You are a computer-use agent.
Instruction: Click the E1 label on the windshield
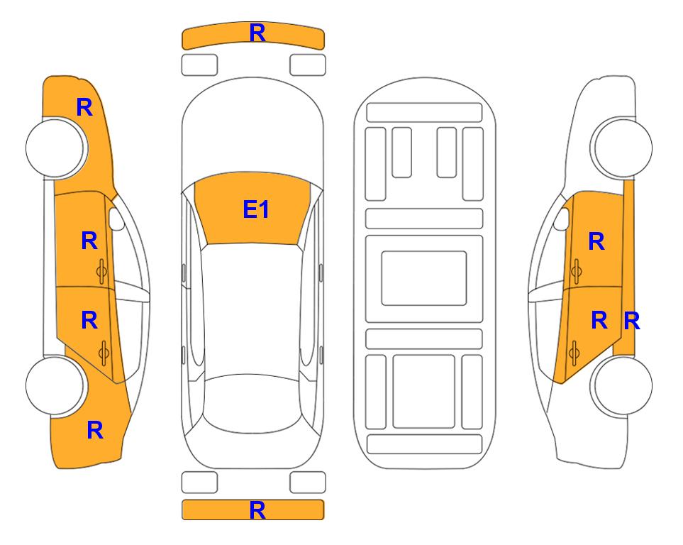pos(256,209)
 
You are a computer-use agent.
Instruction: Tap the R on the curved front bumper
pos(257,33)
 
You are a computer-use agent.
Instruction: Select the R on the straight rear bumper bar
pos(257,510)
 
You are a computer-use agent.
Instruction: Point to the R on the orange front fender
pos(84,107)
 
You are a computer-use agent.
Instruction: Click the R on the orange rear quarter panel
pos(95,430)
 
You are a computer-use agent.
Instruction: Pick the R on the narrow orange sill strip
pos(632,321)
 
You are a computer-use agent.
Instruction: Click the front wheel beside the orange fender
pos(55,148)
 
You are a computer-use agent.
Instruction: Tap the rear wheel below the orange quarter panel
pos(55,385)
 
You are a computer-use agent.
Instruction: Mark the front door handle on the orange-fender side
pos(102,271)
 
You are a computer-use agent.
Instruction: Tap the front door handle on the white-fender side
pos(576,271)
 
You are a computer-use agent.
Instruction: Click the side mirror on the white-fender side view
pos(562,219)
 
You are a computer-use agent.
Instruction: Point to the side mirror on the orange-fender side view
pos(116,219)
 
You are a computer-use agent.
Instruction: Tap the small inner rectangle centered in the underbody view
pos(424,278)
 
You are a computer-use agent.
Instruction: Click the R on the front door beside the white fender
pos(596,241)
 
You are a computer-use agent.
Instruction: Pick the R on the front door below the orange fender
pos(89,241)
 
